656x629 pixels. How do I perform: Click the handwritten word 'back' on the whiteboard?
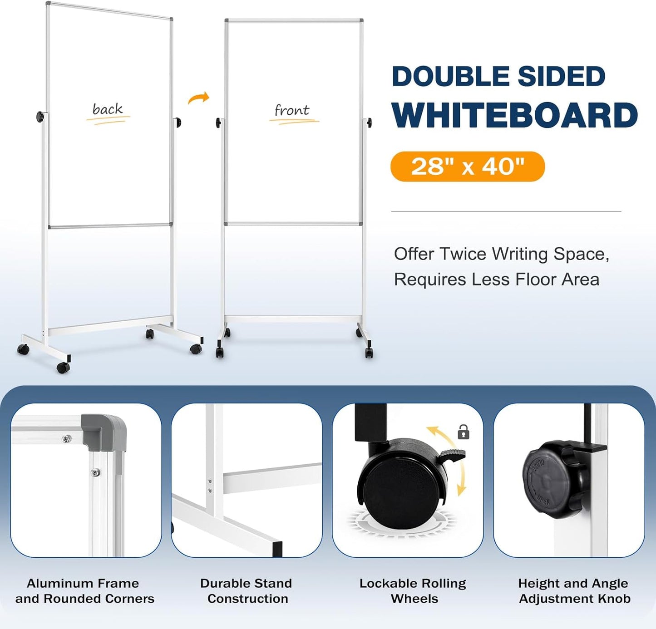(x=108, y=109)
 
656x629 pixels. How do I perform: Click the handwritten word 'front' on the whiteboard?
(x=292, y=110)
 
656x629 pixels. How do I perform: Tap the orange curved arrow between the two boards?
(x=199, y=98)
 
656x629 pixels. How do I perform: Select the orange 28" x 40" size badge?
(x=467, y=167)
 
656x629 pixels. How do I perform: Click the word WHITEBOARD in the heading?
(x=515, y=116)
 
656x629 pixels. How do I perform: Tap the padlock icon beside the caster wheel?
(x=463, y=432)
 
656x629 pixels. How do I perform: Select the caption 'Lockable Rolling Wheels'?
(x=413, y=591)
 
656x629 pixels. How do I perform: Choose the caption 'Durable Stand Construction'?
(x=247, y=591)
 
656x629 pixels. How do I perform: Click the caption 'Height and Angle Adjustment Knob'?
(x=574, y=591)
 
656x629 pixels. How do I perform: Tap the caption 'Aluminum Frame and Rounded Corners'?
(x=84, y=591)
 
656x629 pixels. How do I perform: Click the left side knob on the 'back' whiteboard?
(x=40, y=117)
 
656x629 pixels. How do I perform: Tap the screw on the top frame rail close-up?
(x=67, y=438)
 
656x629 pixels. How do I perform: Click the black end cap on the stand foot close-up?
(x=277, y=549)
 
